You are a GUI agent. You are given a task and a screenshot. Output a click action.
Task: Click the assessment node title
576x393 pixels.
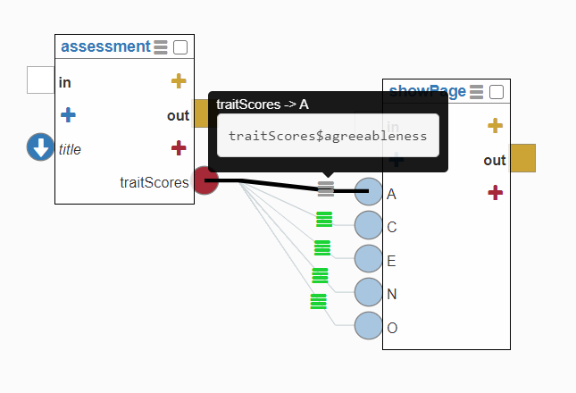click(105, 46)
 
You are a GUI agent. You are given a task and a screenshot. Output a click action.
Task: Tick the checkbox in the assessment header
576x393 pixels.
click(180, 47)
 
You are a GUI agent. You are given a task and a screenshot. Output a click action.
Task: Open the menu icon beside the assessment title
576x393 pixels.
click(161, 47)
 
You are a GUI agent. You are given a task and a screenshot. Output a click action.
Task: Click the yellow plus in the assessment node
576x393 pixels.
click(179, 82)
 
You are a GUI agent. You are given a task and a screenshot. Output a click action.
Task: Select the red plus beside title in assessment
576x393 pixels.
click(179, 147)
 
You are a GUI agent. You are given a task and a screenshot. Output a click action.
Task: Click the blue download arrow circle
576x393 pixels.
click(40, 147)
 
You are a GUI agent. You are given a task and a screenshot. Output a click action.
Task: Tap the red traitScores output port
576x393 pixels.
click(205, 180)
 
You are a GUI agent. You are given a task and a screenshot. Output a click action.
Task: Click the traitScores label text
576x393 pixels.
click(154, 182)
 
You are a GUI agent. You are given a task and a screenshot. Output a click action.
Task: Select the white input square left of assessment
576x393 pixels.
click(40, 79)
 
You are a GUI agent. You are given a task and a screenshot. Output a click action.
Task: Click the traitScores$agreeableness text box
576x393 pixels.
click(328, 136)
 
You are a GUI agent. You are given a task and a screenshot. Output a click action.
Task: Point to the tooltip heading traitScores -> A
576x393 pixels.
click(263, 105)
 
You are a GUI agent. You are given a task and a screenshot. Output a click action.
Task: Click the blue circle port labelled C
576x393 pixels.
click(368, 225)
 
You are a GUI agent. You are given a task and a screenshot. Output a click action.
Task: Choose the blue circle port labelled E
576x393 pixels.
click(368, 259)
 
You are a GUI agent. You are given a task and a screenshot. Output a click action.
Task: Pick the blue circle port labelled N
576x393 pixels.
click(368, 292)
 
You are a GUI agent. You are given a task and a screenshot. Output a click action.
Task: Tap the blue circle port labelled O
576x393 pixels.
click(368, 326)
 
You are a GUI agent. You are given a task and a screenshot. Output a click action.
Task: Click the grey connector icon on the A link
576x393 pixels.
click(326, 188)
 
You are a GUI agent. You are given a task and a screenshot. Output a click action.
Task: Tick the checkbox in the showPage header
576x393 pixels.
click(497, 91)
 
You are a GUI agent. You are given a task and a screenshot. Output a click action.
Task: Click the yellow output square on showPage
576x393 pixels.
click(522, 158)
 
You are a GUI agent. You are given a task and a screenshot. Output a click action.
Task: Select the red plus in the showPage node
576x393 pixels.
click(495, 192)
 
